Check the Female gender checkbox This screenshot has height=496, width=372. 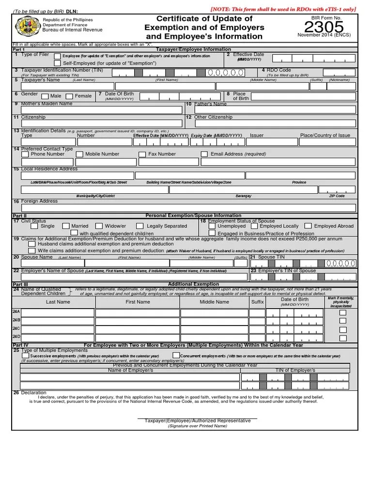(x=69, y=96)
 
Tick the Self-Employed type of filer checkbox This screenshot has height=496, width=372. (x=58, y=63)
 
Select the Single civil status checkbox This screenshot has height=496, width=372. (x=34, y=226)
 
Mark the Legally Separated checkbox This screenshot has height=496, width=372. (x=139, y=226)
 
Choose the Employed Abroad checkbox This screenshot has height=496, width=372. (x=308, y=226)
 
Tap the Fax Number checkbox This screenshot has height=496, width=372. (x=142, y=155)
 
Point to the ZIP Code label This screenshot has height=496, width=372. (x=337, y=196)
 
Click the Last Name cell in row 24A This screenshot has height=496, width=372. (x=58, y=313)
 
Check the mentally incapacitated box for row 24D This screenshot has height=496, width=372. (x=343, y=338)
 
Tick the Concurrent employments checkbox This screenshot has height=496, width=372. (x=175, y=356)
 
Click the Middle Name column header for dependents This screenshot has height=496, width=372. (x=214, y=302)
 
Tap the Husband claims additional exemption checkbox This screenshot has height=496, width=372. (x=34, y=244)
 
